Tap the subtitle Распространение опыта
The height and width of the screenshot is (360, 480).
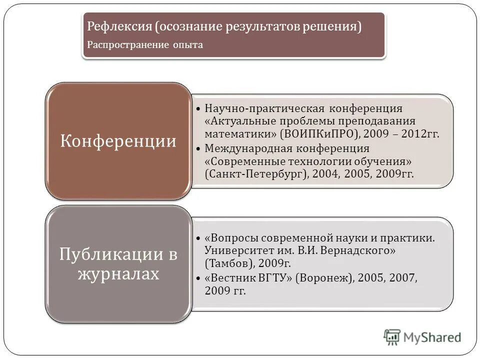145,44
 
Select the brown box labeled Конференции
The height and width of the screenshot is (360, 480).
118,141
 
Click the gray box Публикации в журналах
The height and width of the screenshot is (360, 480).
118,264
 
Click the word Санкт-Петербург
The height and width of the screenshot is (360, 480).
254,174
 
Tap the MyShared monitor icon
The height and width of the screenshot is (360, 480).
392,337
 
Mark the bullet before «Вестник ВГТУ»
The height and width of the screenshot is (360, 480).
198,277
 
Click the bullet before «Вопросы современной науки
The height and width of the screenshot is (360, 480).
198,237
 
